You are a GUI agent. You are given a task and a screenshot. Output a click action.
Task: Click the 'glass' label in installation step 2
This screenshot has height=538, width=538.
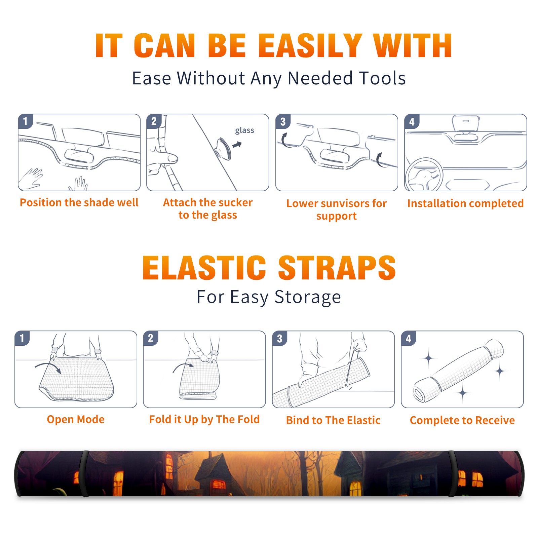coord(244,130)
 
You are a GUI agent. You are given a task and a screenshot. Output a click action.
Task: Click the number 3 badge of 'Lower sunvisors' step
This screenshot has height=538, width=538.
coord(283,121)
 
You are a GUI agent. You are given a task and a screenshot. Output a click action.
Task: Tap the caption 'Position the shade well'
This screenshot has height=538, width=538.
coord(79,202)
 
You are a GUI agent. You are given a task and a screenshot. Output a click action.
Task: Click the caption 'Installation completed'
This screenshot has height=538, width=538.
coord(465,203)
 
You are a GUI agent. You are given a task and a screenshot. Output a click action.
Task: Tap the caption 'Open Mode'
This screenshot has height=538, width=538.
coord(76,419)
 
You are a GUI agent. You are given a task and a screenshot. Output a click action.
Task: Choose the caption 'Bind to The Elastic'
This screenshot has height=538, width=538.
coord(333,420)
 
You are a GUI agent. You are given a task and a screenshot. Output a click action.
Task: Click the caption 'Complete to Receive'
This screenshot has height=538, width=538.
coord(462,420)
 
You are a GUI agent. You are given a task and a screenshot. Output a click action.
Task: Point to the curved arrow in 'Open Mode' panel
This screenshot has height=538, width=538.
coord(48,364)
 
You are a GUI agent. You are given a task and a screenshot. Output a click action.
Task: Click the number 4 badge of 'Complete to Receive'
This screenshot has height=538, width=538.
coord(409,339)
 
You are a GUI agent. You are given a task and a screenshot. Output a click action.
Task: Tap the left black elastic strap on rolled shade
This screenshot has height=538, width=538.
coord(84,473)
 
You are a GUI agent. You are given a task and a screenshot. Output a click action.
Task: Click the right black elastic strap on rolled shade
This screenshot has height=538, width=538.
coord(453,473)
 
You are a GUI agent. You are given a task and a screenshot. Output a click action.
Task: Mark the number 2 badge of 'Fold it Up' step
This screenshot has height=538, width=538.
coord(151,338)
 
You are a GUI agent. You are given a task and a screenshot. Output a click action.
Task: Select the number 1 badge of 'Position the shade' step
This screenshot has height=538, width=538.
coord(25,121)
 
